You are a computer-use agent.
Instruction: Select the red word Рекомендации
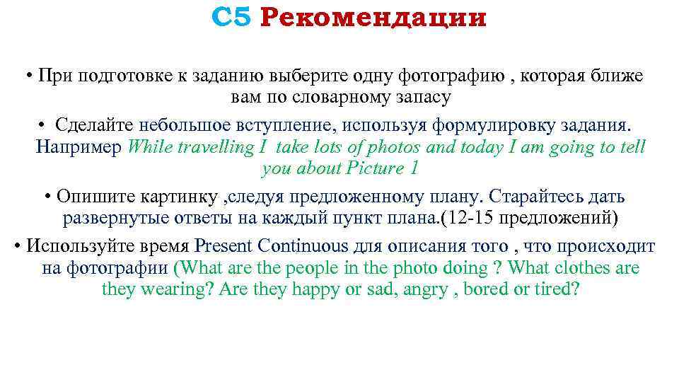point(373,18)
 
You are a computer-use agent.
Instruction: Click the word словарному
point(318,96)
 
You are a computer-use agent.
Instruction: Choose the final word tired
point(557,289)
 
